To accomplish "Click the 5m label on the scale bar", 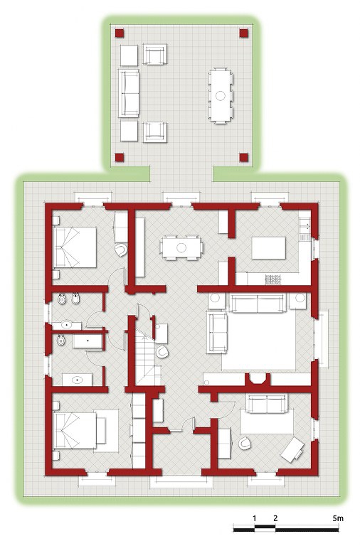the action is tap(338, 518).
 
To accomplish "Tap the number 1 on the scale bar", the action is tap(255, 518).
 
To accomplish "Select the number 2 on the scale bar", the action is tap(275, 518).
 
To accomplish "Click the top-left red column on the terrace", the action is tap(120, 33).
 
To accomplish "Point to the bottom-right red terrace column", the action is tap(243, 157).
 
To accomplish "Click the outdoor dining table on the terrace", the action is tap(221, 95).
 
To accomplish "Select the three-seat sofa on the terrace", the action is tap(128, 93).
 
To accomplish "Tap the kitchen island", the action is tap(269, 248).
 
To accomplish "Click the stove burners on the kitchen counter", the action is tap(273, 279).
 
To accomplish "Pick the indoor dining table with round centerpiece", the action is tap(181, 247).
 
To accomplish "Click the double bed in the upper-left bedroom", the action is tap(75, 247).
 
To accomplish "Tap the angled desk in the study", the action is tap(292, 449).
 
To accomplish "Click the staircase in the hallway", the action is tap(147, 358).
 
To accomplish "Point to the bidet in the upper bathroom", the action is tap(75, 299).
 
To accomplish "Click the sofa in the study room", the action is tap(267, 403).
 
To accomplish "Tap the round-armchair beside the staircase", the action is tap(162, 352).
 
